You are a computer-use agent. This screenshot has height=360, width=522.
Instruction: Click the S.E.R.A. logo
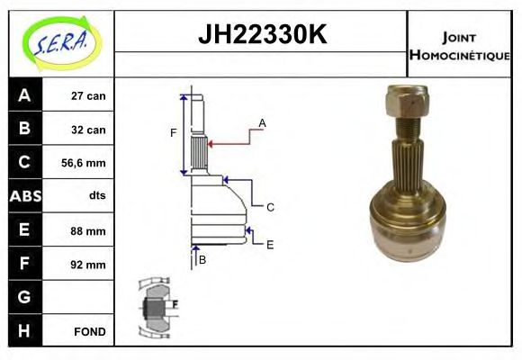coord(59,41)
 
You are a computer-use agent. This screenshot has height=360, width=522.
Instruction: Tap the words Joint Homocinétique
coord(459,45)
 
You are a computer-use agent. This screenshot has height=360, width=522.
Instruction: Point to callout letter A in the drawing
coord(262,122)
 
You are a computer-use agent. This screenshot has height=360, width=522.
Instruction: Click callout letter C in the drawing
coord(269,207)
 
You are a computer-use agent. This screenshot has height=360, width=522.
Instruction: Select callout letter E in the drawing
coord(270,243)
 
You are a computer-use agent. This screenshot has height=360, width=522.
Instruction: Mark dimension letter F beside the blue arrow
coord(174,133)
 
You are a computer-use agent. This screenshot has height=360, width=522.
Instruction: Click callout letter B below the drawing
coord(202,260)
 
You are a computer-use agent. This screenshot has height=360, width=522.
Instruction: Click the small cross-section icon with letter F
coord(157,308)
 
